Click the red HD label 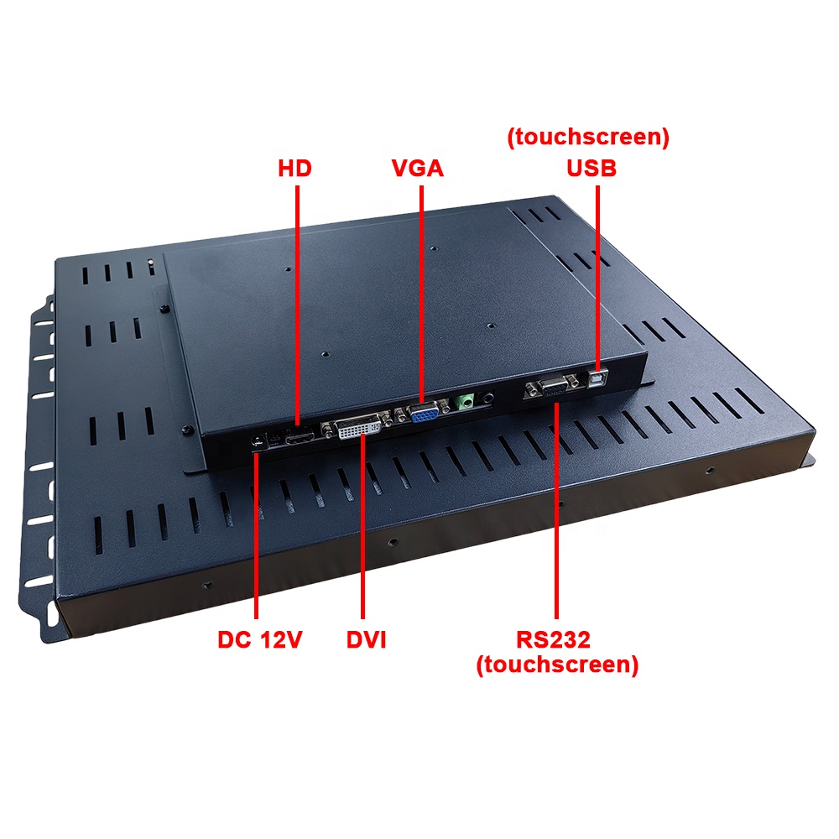coord(294,168)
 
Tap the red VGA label coord(417,168)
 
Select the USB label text coord(591,168)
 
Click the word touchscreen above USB coord(588,137)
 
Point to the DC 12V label coord(259,639)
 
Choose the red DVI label coord(366,639)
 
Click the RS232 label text coord(553,639)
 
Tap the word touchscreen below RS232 coord(557,664)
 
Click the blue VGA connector coord(424,413)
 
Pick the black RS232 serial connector coord(554,386)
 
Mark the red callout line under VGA coord(422,294)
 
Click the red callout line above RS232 coord(556,511)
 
